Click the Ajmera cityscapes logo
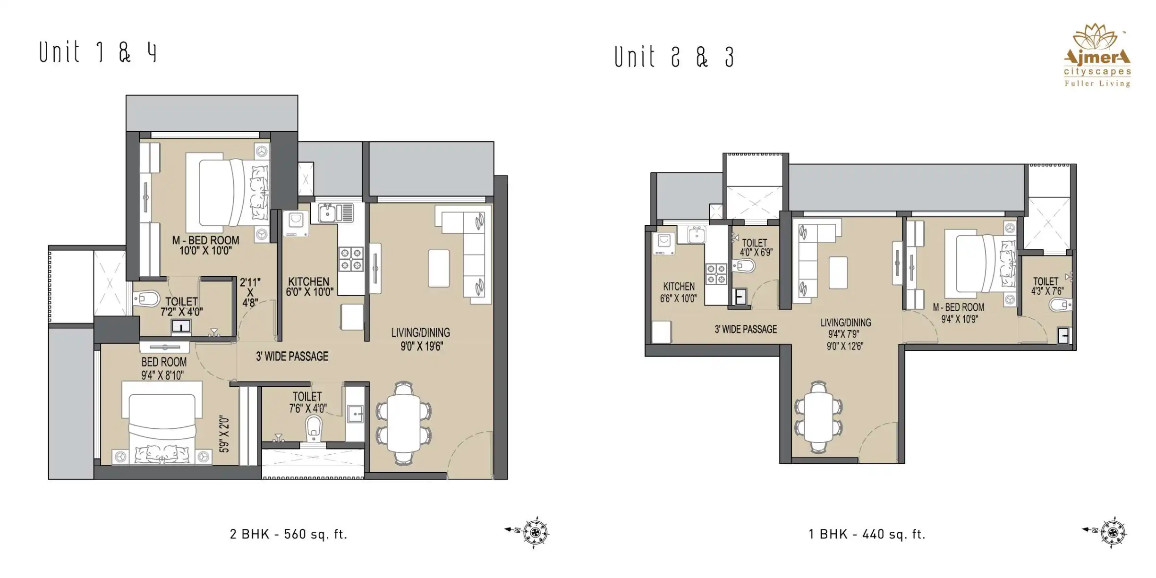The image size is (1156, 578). point(1097,55)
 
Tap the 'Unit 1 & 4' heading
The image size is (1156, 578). point(98,51)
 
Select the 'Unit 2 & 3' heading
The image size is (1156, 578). point(674,57)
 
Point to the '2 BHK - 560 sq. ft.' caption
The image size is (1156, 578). point(289,534)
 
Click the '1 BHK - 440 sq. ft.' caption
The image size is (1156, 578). point(867,534)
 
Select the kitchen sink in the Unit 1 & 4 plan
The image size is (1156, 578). point(335,213)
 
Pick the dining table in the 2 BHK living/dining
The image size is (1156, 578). point(403,423)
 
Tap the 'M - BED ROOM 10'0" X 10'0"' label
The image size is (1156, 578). point(205,246)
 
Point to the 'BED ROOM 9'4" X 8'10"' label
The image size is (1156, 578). point(163,368)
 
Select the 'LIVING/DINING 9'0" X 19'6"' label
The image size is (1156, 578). point(421,339)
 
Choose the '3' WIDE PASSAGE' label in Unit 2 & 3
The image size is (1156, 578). point(746,329)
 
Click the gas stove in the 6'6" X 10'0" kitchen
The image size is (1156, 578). point(716,274)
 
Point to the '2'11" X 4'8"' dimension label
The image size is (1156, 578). point(250,293)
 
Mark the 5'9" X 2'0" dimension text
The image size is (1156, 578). point(224,434)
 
